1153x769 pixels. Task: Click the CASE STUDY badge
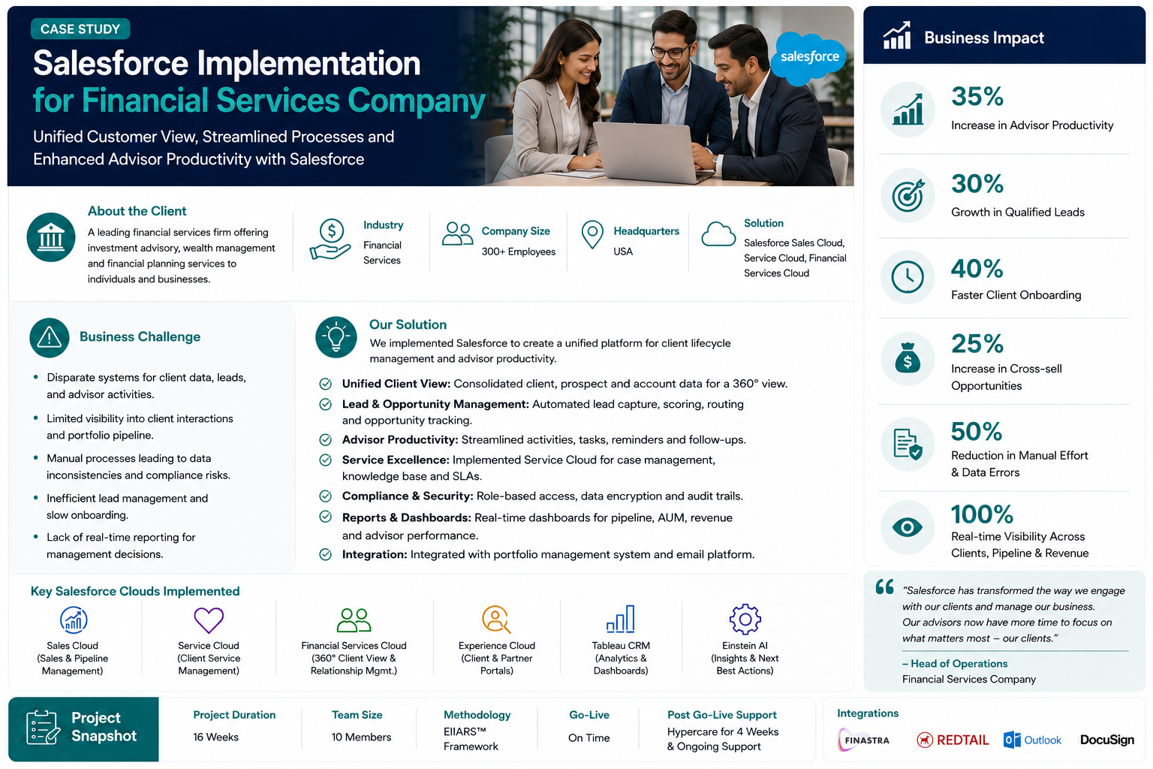pos(80,29)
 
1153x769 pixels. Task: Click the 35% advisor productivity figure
pos(977,96)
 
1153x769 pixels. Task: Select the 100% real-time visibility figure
pos(982,514)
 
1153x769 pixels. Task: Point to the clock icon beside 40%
pos(907,277)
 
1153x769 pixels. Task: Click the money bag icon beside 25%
pos(907,358)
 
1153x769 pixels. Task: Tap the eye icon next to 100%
pos(907,527)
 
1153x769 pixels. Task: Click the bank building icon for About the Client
pos(51,237)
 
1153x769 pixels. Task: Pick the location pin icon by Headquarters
pos(592,234)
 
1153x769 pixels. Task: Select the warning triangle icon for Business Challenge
pos(50,338)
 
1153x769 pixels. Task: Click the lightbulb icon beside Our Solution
pos(336,337)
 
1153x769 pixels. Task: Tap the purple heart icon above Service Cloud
pos(209,620)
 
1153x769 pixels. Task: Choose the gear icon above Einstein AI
pos(745,619)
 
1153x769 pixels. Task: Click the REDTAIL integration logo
pos(953,740)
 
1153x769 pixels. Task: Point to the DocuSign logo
pos(1106,740)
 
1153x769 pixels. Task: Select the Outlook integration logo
pos(1032,740)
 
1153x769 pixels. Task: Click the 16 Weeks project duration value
pos(215,737)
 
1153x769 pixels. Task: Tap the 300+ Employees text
pos(519,252)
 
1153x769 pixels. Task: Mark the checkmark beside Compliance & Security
pos(325,496)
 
